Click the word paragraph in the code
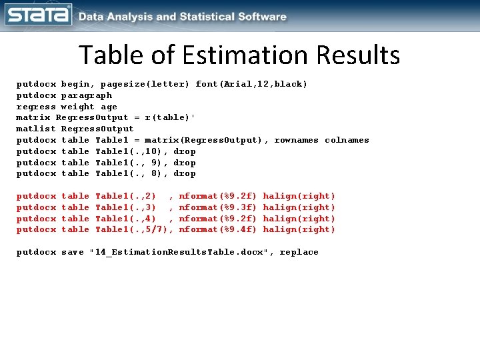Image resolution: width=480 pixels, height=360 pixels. [x=86, y=95]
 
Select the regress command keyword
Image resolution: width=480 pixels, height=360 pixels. [x=36, y=107]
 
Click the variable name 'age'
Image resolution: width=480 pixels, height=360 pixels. [x=109, y=107]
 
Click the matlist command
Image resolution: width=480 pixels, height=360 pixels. [x=36, y=129]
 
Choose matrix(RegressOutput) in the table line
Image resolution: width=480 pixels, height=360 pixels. [x=207, y=140]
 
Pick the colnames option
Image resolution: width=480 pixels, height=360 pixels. [x=347, y=140]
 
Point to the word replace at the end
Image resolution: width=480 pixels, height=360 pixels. [x=299, y=252]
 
